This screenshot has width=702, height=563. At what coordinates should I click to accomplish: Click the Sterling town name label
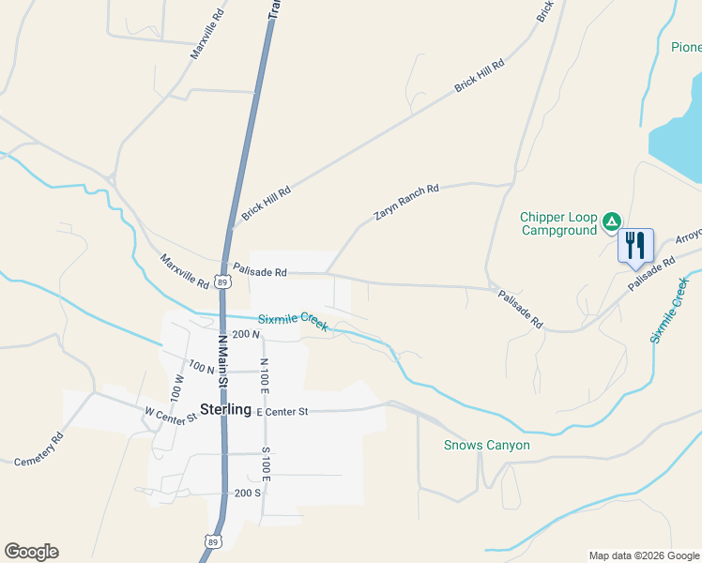coord(225,410)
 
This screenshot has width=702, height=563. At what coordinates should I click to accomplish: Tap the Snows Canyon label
coord(486,446)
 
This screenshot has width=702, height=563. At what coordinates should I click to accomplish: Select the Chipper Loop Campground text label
coord(558,223)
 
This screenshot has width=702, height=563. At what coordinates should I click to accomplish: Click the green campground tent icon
coord(612,222)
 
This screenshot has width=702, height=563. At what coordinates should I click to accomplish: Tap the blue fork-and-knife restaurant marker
coord(635,246)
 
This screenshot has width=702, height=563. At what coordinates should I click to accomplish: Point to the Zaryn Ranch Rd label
coord(406,203)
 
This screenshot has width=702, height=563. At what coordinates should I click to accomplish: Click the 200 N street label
coord(246,334)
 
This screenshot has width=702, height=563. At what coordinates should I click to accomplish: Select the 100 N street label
coord(202,368)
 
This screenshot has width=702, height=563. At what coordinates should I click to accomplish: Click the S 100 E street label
coord(266,464)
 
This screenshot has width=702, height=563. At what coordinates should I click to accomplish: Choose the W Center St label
coord(169,413)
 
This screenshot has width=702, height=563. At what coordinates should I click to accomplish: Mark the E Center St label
coord(282,412)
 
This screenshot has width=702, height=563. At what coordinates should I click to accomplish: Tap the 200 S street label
coord(248,493)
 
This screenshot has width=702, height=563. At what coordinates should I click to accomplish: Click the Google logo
coord(31,552)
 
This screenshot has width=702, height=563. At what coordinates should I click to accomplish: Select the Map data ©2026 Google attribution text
coord(643,555)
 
